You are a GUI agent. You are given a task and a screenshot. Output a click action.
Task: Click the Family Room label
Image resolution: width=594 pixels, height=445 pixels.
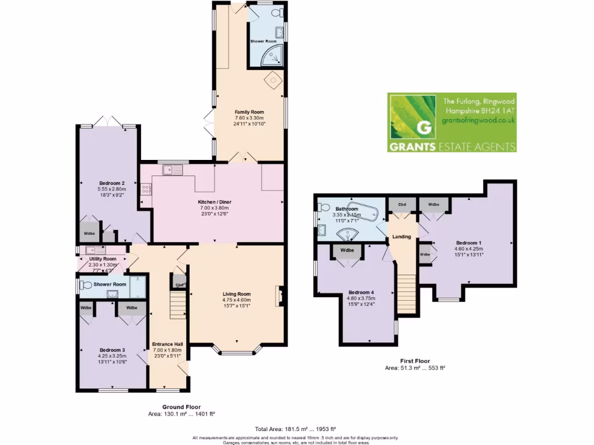[249, 111]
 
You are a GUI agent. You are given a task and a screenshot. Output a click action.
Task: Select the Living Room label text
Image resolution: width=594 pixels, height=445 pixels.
[237, 294]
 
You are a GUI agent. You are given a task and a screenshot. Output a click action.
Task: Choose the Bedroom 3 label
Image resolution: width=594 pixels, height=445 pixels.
[112, 350]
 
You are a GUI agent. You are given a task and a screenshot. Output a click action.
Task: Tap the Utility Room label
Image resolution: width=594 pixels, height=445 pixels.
[103, 259]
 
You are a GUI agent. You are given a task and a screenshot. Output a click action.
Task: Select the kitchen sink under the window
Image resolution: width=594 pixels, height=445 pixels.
[173, 170]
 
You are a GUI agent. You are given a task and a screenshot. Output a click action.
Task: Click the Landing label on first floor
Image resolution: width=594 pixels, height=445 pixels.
[401, 236]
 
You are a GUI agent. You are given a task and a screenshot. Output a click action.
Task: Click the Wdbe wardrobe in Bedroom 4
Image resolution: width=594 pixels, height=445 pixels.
[347, 250]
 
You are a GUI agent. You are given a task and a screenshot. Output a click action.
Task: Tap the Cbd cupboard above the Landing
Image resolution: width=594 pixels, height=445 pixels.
[401, 205]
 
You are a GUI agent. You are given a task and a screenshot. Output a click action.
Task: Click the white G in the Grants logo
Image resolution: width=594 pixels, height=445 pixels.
[425, 127]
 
